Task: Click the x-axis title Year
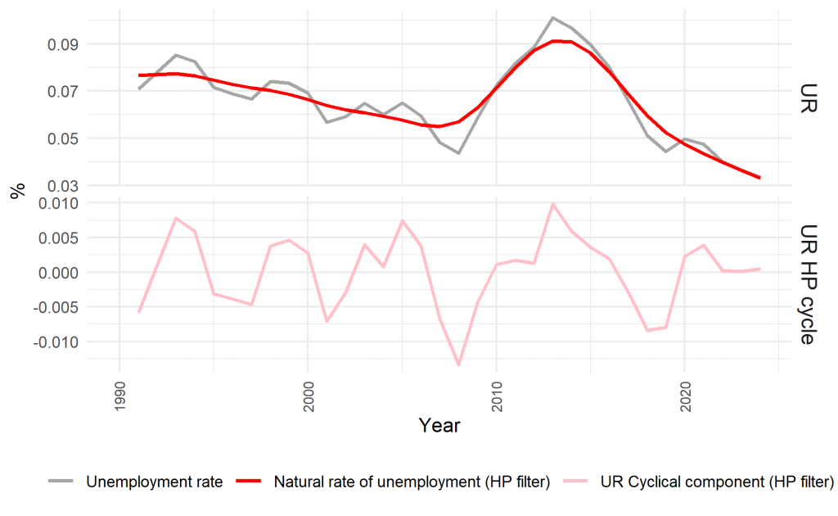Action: point(439,426)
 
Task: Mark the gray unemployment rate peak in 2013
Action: point(553,17)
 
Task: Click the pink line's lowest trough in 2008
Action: point(459,365)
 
